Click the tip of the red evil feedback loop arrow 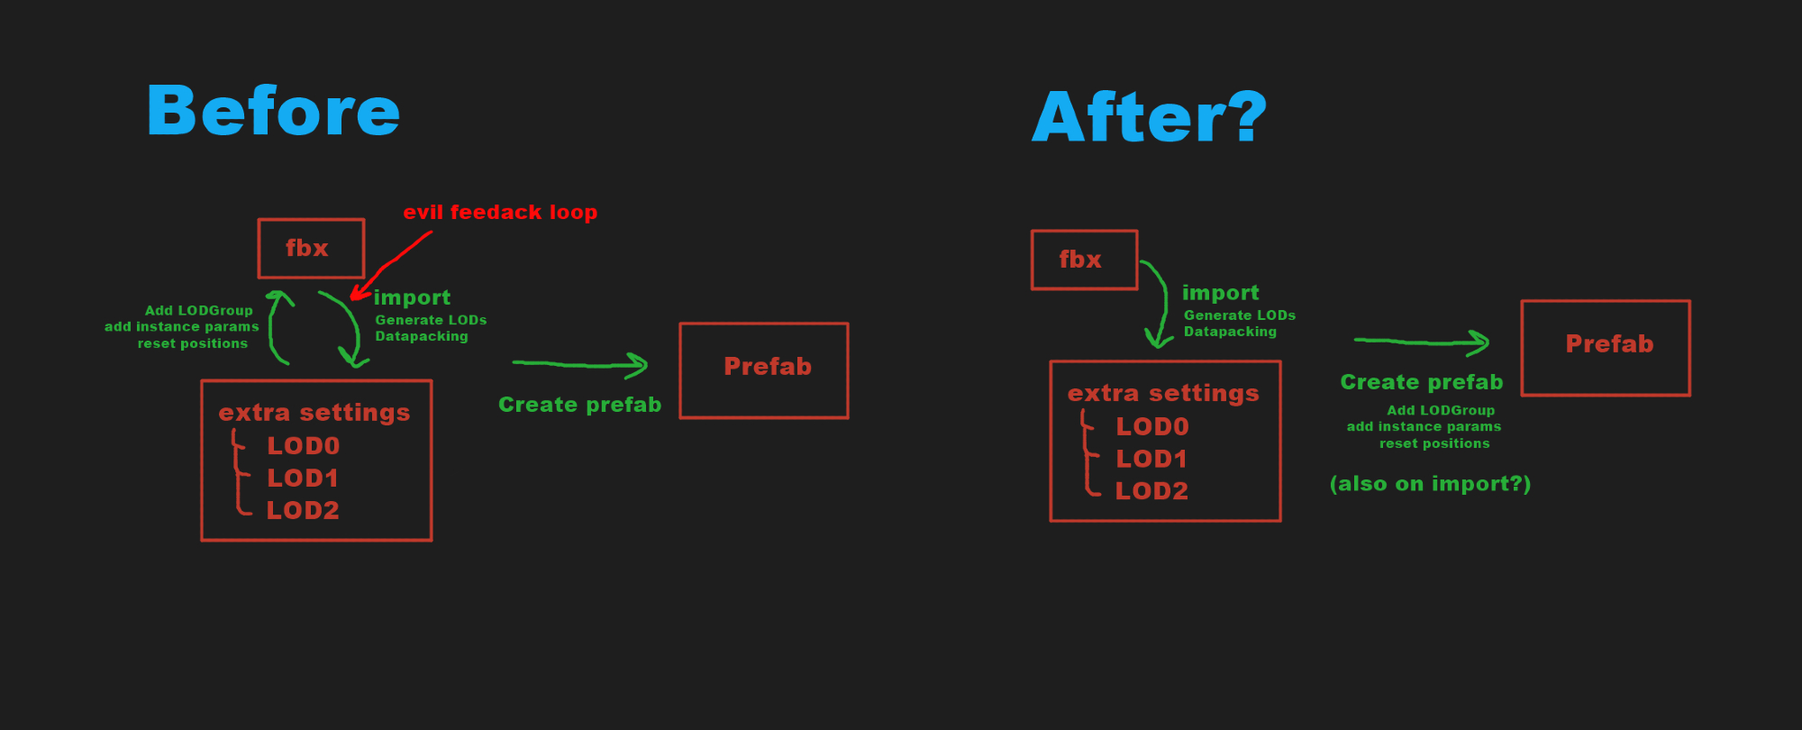351,297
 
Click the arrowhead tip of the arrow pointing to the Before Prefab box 648,365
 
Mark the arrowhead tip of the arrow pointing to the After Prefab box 1489,342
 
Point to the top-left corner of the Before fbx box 259,220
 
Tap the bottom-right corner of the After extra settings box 1280,520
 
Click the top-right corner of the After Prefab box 1689,301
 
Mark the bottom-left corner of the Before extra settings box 202,540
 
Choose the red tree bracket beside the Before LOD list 239,472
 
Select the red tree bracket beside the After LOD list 1089,452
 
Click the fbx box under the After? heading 1085,260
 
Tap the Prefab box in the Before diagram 764,370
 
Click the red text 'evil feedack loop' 500,213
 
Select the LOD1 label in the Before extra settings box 303,478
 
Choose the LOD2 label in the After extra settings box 1151,490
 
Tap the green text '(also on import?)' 1430,484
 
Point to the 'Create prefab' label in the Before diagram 580,405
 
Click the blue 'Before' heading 273,111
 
